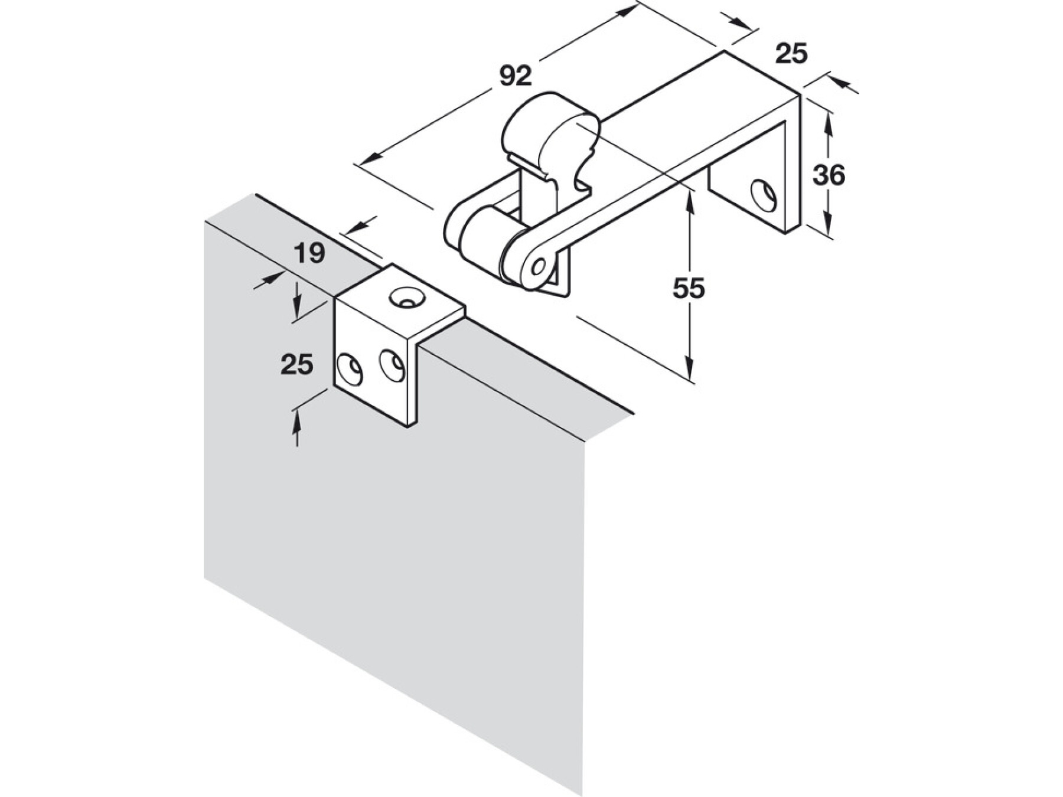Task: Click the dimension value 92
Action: pos(516,76)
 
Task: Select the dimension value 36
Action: pos(829,175)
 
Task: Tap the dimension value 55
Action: pos(689,289)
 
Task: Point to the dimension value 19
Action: pos(309,253)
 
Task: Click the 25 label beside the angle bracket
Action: pos(296,364)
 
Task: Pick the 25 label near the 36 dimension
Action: pos(791,54)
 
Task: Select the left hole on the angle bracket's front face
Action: pos(350,369)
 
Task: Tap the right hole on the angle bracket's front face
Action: pos(392,365)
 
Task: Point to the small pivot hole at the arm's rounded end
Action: pos(538,267)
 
